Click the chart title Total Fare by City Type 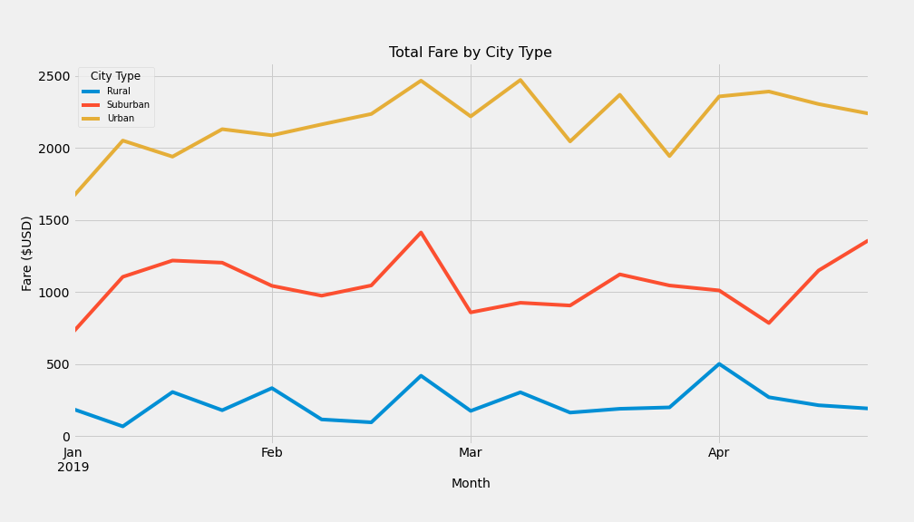[470, 53]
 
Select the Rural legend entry [118, 92]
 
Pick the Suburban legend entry [128, 105]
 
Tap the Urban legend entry [120, 119]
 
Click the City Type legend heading [115, 77]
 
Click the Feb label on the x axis [271, 453]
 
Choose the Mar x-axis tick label [470, 453]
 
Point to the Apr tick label [718, 453]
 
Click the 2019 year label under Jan [73, 468]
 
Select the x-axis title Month [470, 484]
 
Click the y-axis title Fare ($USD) [27, 253]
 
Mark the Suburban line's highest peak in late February [421, 233]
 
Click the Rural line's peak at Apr [719, 364]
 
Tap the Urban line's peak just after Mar [520, 80]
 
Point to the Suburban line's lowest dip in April [769, 323]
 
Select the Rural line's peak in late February [421, 376]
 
